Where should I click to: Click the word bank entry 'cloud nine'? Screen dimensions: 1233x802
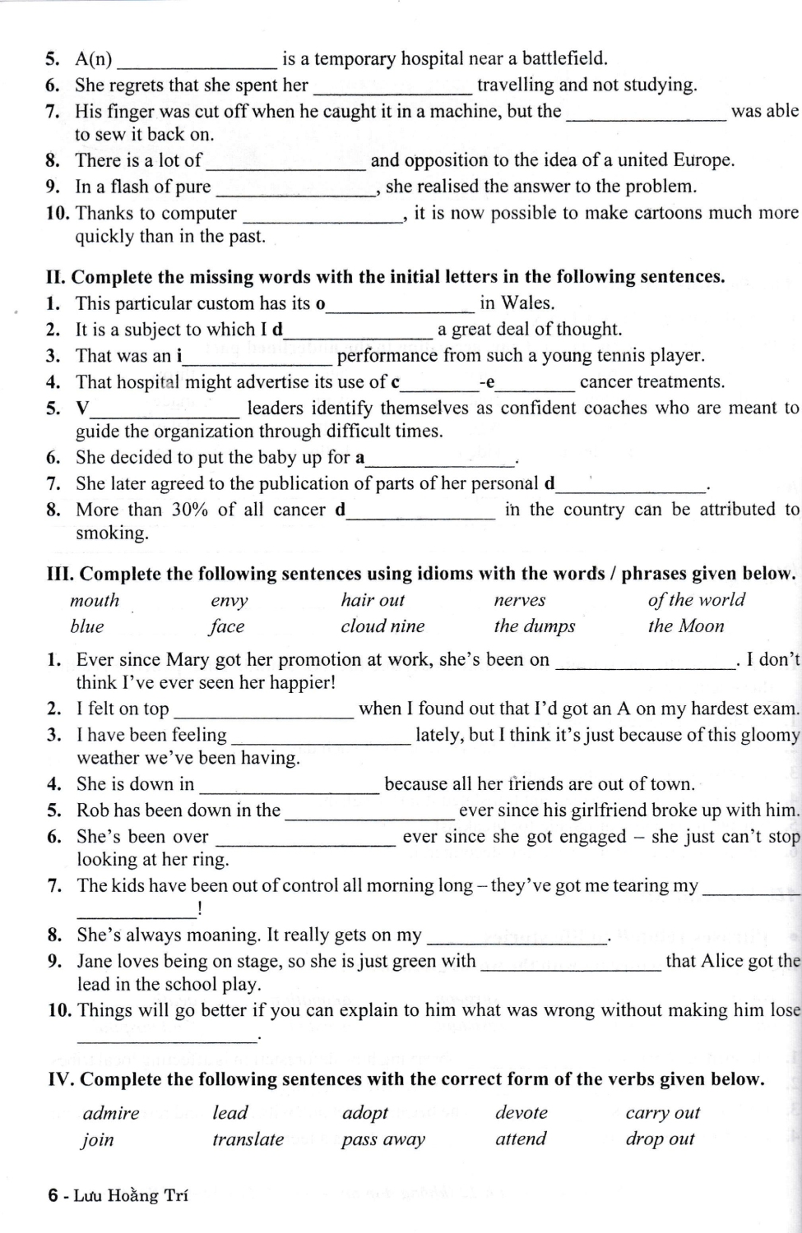pos(382,626)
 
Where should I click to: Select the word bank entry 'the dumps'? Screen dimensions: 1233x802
pos(534,626)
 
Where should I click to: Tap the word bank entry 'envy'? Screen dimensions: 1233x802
pos(229,601)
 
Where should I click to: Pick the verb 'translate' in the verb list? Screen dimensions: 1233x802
pos(248,1139)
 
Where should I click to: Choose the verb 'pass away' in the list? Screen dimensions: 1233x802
pos(382,1139)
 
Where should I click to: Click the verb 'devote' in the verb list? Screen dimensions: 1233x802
pos(521,1113)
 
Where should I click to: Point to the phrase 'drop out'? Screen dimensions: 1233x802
pos(660,1139)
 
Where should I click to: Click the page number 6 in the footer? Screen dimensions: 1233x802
pos(53,1196)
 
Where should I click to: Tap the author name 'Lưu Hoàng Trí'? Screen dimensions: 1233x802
pos(131,1196)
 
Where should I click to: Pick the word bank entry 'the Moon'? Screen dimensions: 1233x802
pos(685,626)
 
